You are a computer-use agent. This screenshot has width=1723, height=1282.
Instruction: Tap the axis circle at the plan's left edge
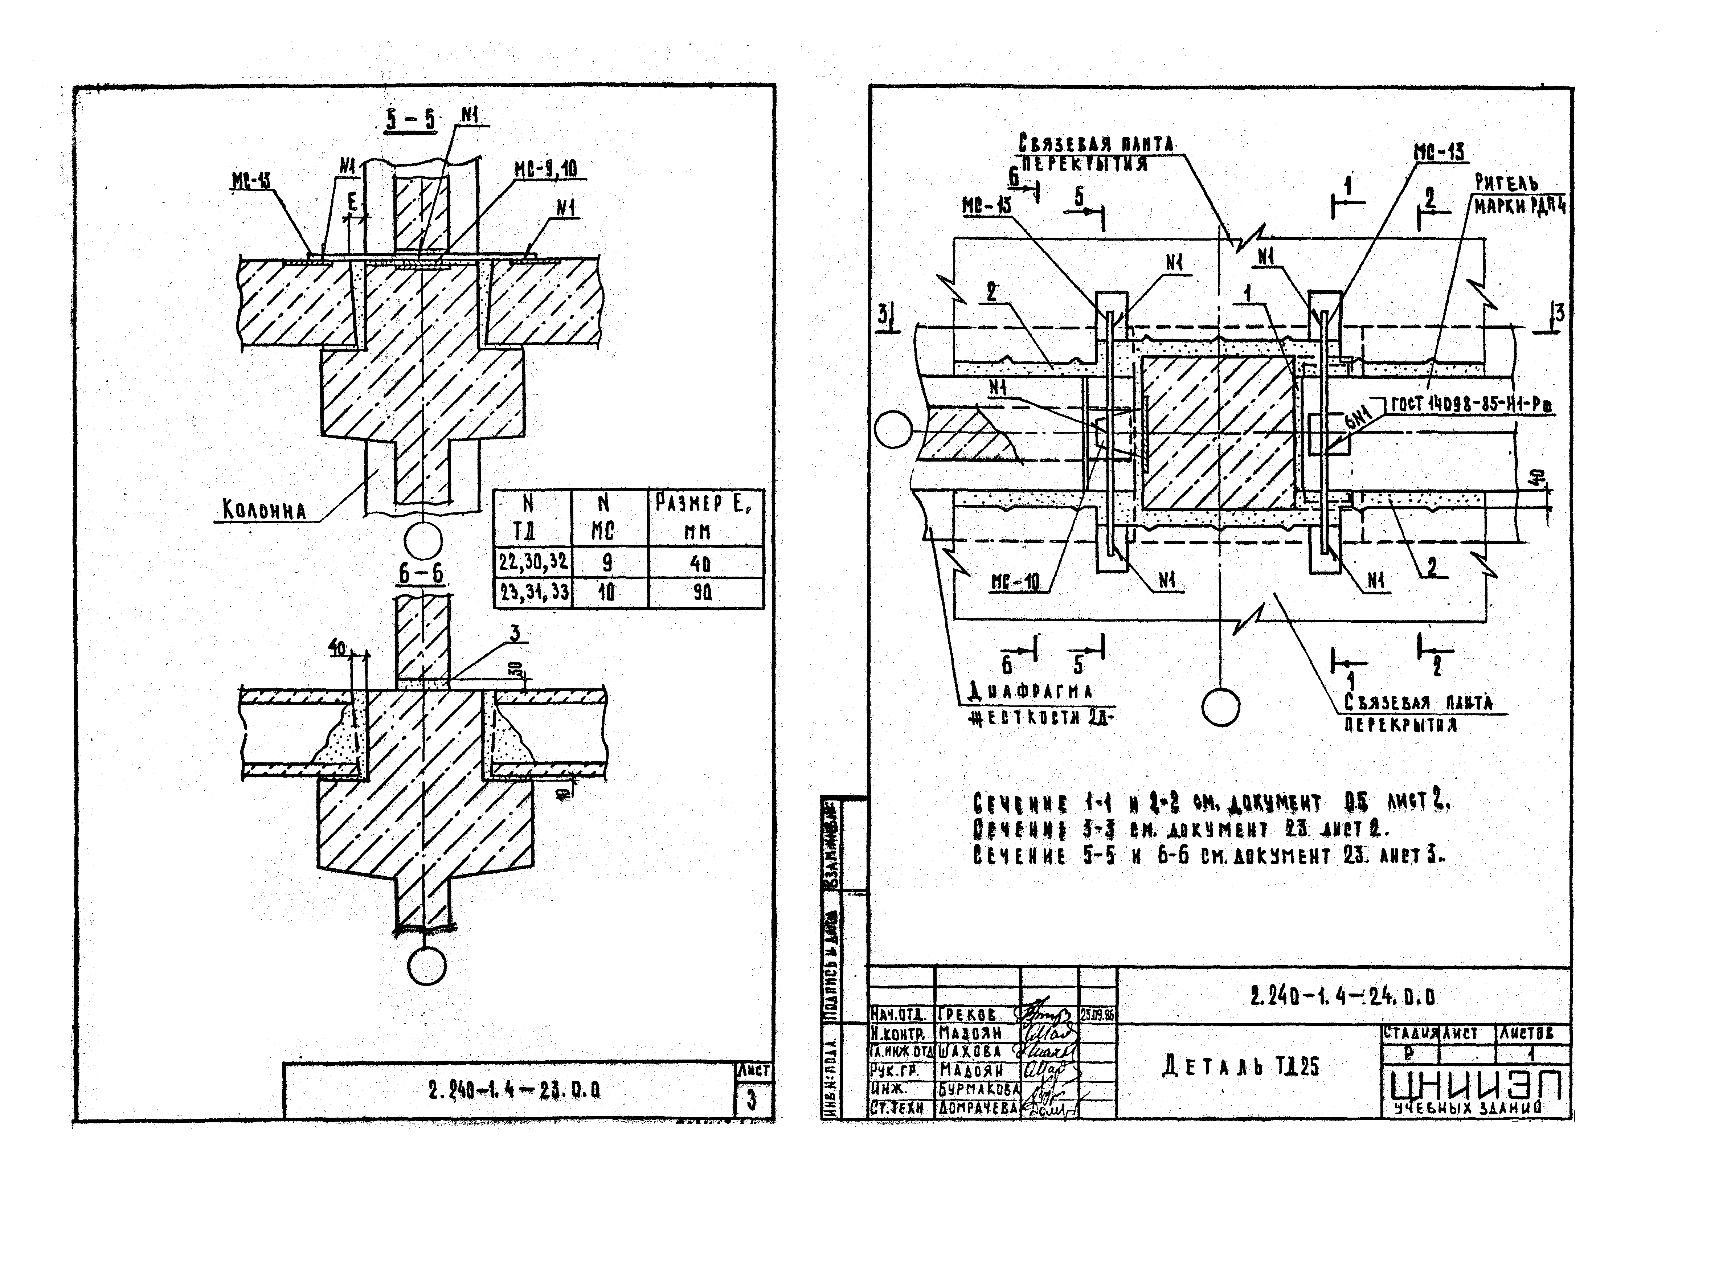(893, 429)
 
